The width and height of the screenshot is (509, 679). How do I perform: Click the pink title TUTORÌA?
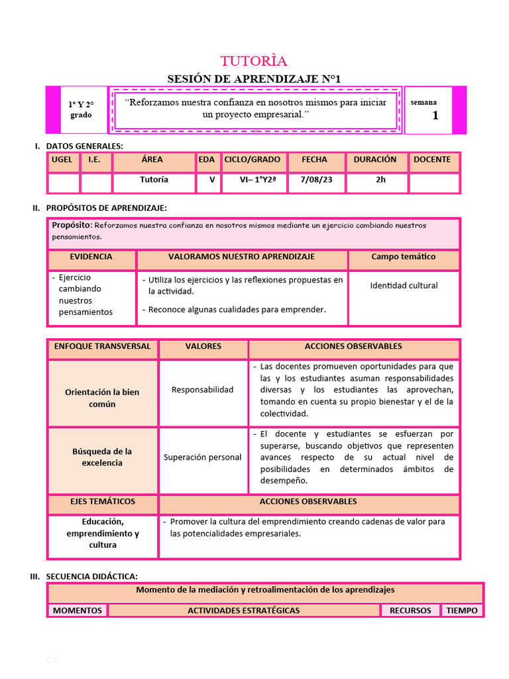254,61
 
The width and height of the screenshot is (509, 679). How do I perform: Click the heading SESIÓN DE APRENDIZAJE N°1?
254,79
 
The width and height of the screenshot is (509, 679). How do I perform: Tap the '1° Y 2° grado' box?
81,109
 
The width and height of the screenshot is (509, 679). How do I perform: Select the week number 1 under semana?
435,115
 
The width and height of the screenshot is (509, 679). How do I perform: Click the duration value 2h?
380,180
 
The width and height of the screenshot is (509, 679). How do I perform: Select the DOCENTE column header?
432,160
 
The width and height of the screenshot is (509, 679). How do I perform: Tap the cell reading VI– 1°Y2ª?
252,180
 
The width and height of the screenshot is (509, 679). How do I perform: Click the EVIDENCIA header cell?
91,257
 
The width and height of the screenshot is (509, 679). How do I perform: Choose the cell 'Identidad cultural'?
404,286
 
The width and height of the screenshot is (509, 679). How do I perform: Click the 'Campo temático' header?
404,257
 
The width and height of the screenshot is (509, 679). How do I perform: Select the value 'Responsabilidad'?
202,390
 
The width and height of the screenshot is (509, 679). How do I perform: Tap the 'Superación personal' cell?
202,458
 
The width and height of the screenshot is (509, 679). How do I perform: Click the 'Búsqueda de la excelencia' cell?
102,457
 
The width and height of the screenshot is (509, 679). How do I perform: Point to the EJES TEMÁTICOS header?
103,501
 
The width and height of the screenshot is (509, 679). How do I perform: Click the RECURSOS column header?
410,611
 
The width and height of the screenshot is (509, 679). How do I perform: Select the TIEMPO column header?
462,611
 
